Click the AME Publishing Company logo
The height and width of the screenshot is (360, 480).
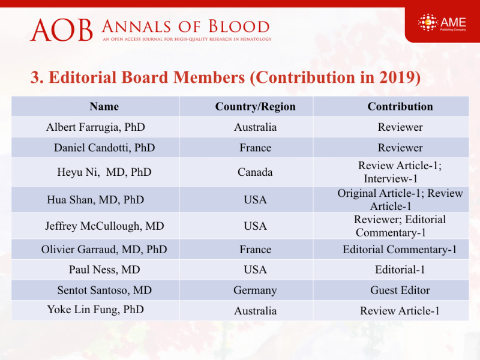(442, 23)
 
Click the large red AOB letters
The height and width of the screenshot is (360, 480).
(62, 30)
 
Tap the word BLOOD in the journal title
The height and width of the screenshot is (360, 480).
(239, 26)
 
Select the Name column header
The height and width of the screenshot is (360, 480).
(104, 106)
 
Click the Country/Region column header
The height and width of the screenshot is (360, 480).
(256, 107)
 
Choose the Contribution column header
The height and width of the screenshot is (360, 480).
(400, 106)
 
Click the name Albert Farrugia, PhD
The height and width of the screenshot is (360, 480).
(95, 127)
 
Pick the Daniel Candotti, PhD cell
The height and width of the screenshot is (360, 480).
(104, 148)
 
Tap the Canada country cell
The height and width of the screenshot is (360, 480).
(255, 172)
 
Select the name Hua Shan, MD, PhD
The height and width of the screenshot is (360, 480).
(95, 200)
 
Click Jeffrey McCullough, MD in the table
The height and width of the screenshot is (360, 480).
(104, 226)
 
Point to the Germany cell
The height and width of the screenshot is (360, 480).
(255, 290)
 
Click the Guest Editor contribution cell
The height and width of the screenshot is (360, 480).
(400, 290)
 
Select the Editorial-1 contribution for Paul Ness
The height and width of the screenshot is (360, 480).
(400, 269)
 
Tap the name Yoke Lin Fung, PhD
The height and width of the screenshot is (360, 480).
(95, 310)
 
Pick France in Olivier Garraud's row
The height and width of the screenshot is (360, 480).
(256, 250)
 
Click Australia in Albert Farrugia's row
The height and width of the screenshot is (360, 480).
(256, 127)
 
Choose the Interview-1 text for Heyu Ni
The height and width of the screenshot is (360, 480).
(391, 178)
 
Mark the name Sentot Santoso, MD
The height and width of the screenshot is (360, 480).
(104, 290)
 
